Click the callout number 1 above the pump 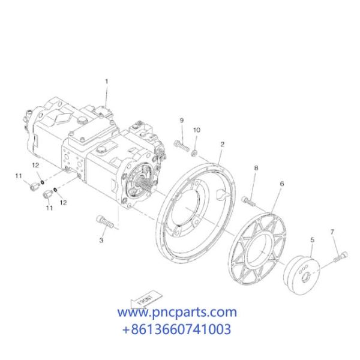click(107, 82)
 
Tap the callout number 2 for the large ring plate click(222, 145)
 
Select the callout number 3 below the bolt click(101, 241)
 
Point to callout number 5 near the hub click(312, 240)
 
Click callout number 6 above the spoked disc click(282, 184)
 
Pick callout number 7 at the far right click(332, 232)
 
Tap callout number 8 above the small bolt click(256, 168)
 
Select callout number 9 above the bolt click(182, 121)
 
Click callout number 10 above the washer click(197, 130)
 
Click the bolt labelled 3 click(104, 221)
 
